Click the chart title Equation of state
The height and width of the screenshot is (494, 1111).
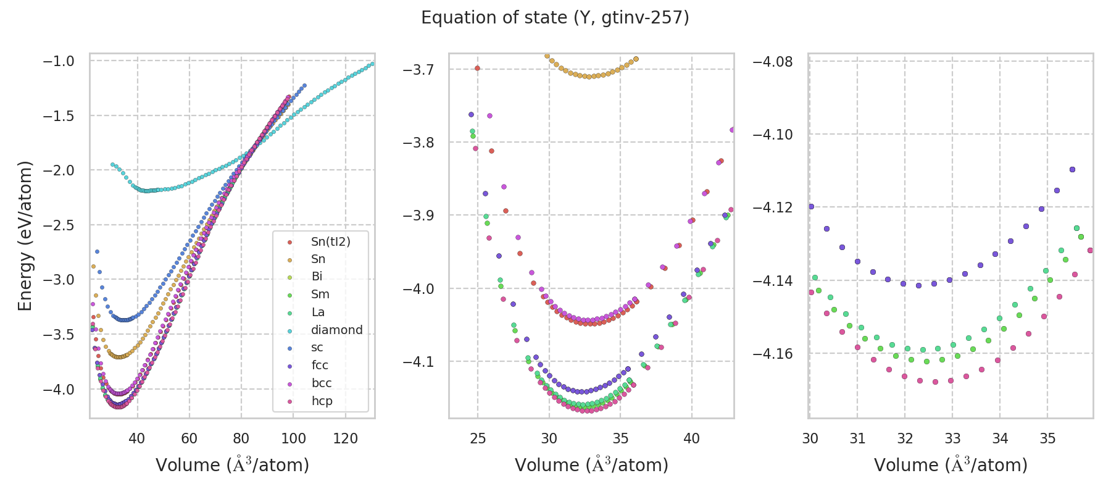point(555,18)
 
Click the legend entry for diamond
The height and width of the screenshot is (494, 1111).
point(336,330)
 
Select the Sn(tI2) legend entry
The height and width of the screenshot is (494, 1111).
point(330,241)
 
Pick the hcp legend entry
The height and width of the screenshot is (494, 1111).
point(322,401)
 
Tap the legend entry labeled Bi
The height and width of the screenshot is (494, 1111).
point(317,277)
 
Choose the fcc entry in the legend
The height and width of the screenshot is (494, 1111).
point(320,366)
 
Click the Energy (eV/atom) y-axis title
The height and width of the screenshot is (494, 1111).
point(25,235)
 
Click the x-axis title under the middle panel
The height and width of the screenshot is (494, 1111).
point(591,465)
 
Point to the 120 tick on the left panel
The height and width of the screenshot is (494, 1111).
point(345,438)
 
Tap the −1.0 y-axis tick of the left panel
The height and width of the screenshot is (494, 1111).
point(59,61)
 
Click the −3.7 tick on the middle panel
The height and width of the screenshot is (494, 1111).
point(418,69)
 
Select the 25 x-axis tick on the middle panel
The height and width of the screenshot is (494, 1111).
point(478,438)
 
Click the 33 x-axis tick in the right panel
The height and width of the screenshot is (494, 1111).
point(952,438)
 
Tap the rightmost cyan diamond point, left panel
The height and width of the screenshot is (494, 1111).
point(372,64)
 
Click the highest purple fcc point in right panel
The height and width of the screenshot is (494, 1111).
point(1072,169)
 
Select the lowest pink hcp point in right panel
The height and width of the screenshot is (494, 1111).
point(935,382)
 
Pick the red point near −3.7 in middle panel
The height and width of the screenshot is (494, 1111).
point(477,68)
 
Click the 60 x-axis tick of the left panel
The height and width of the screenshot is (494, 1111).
point(189,438)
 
